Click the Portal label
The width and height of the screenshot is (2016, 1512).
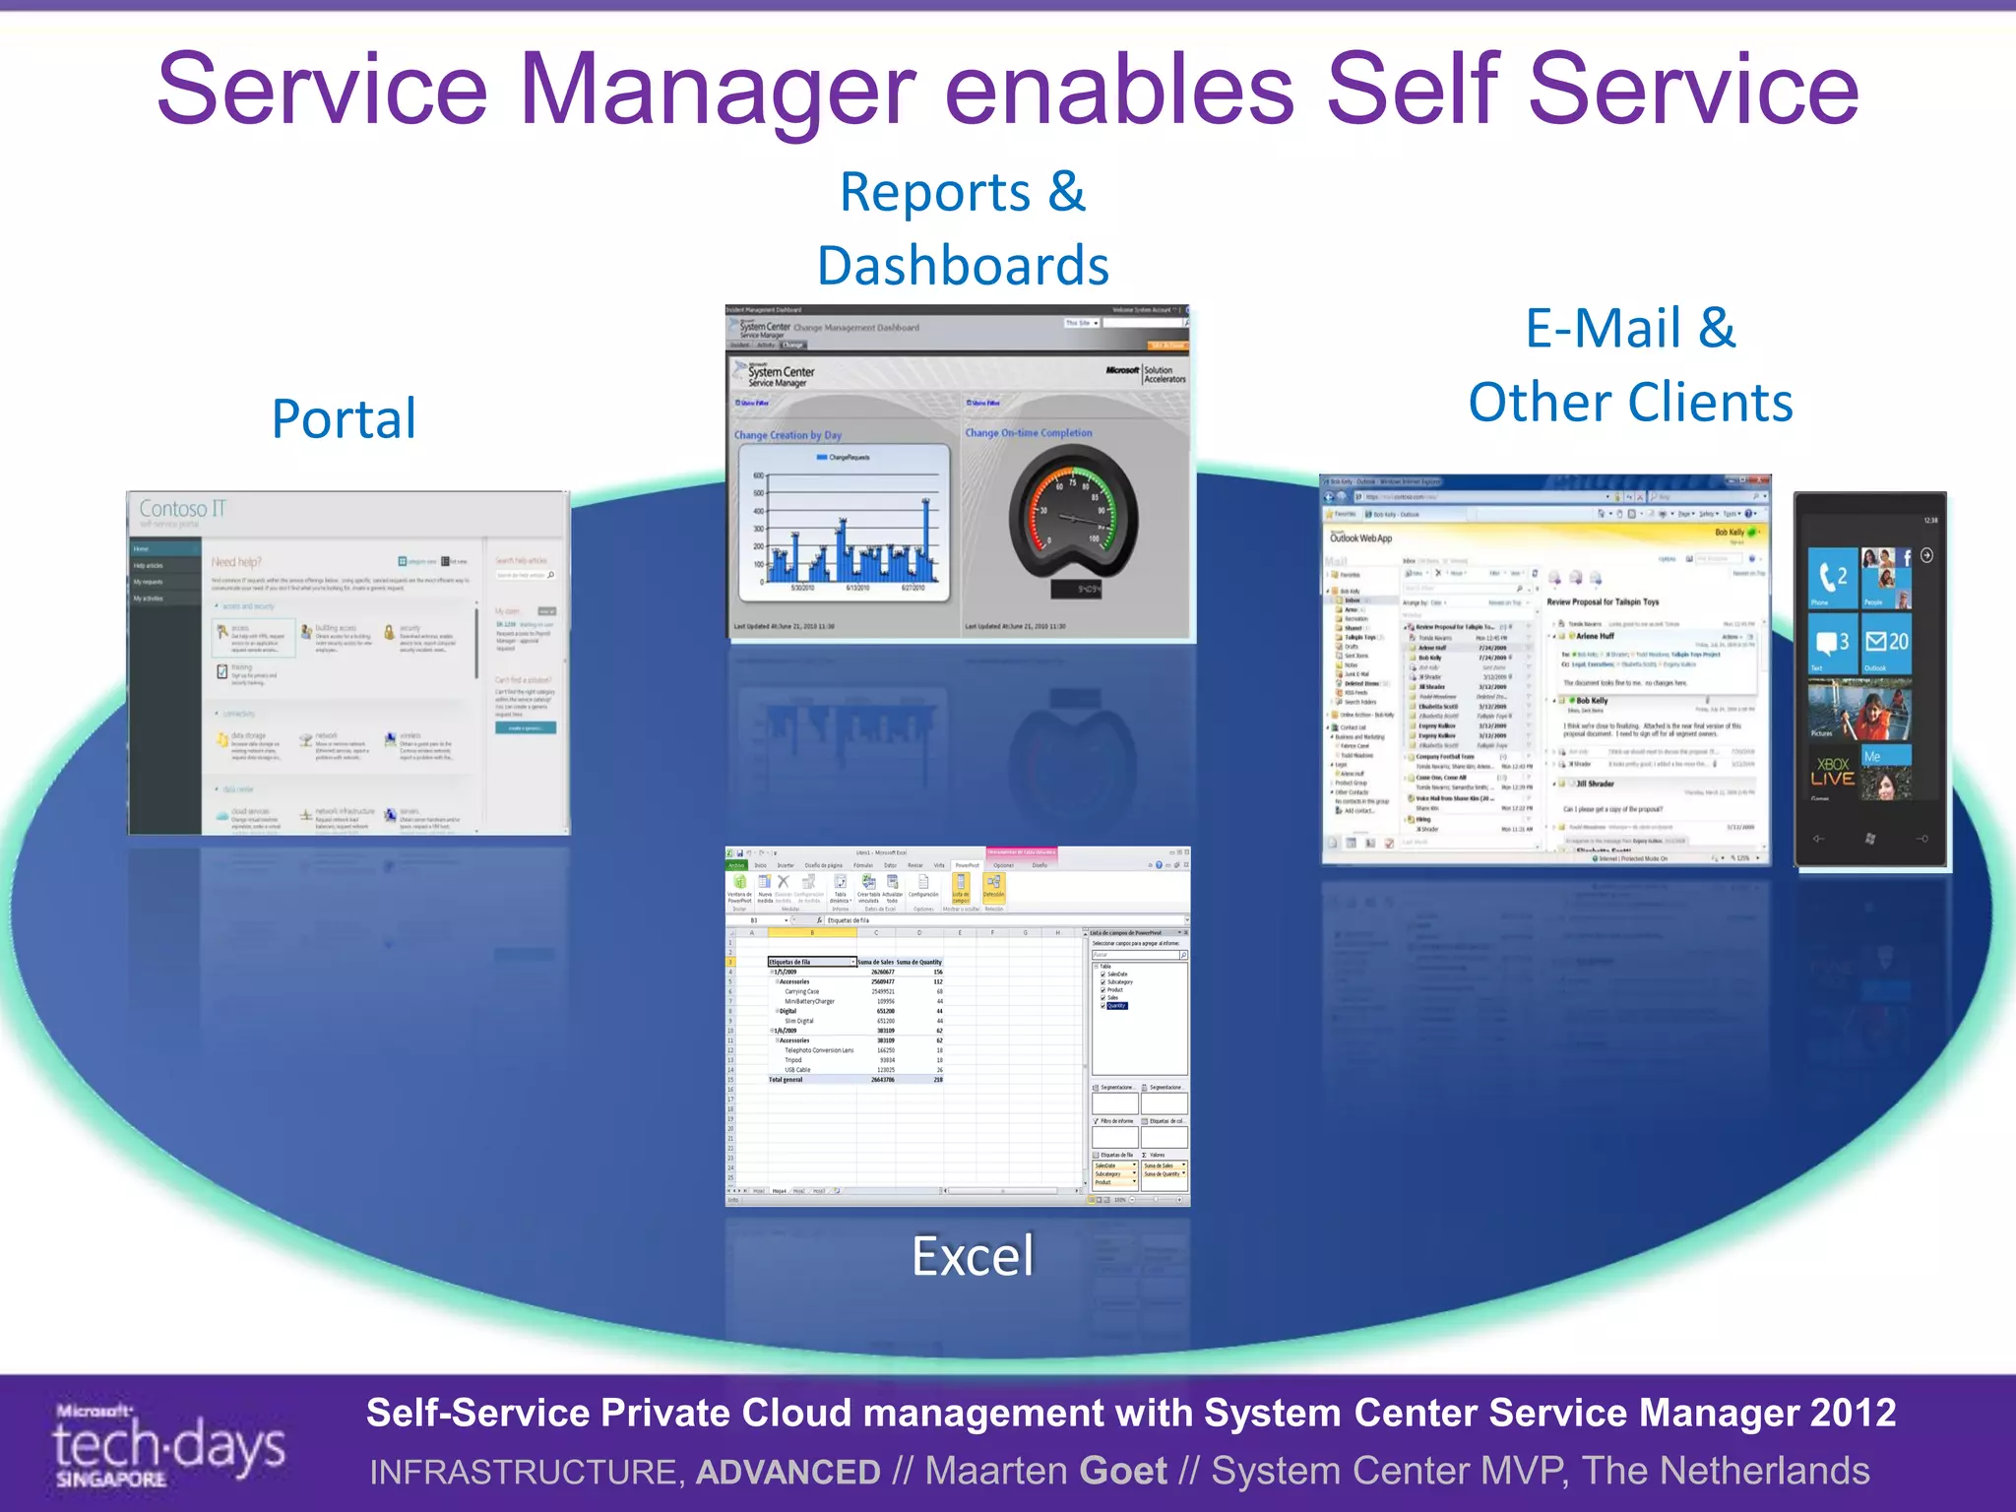tap(344, 418)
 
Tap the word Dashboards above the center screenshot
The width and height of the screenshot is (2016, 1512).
tap(963, 266)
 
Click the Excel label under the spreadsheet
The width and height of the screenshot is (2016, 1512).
tap(973, 1256)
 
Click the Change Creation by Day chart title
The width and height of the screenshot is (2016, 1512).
tap(787, 435)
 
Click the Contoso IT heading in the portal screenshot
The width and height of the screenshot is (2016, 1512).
tap(182, 509)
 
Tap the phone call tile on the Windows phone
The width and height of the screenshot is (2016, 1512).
tap(1833, 578)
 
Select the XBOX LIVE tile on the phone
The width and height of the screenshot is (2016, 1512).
tap(1832, 772)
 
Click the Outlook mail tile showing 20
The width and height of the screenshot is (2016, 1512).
tap(1886, 643)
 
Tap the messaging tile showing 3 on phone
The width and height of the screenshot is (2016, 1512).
tap(1832, 643)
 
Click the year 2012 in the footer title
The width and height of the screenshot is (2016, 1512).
tap(1852, 1413)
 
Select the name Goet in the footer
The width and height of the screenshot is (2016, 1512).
tap(1123, 1471)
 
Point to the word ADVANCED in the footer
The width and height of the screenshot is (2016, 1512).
tap(787, 1472)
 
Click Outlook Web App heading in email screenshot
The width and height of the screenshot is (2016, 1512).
tap(1360, 538)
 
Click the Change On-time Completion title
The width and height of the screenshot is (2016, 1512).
tap(1028, 433)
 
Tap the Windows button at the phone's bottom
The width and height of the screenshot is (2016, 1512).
tap(1869, 839)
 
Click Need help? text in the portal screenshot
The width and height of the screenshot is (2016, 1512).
tap(236, 562)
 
